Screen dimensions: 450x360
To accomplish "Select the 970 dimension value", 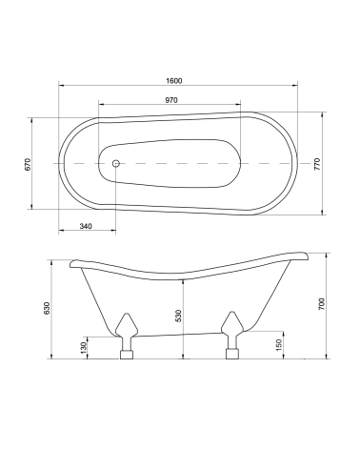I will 171,100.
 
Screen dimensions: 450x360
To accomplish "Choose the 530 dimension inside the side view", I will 177,317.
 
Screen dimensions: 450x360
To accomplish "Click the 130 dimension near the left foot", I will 84,350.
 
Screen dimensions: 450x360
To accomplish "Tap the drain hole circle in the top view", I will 116,164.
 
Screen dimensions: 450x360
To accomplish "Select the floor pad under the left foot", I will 126,357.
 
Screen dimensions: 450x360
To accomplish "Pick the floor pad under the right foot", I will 230,357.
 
